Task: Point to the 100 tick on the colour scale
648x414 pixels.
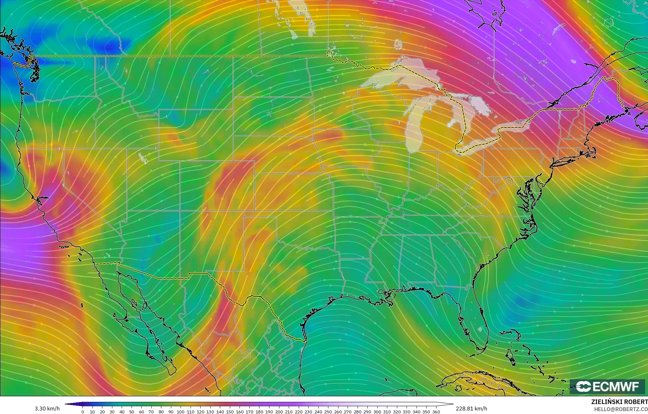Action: point(181,412)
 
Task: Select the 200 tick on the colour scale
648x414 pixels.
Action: point(279,412)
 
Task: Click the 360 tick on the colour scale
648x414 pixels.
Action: point(436,412)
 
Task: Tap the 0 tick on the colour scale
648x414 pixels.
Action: point(83,412)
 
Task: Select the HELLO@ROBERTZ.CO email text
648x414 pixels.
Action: point(621,409)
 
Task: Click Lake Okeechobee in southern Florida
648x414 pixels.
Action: point(481,329)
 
